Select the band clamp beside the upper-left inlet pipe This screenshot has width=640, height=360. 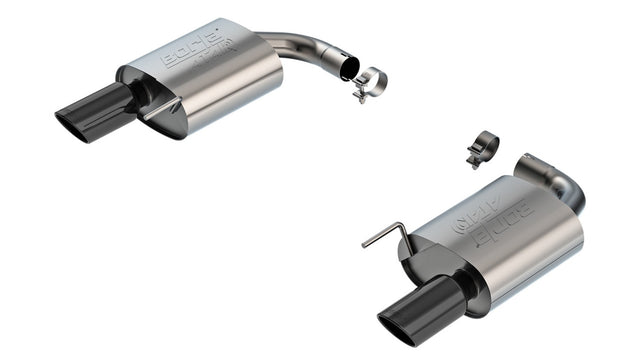click(x=370, y=81)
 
